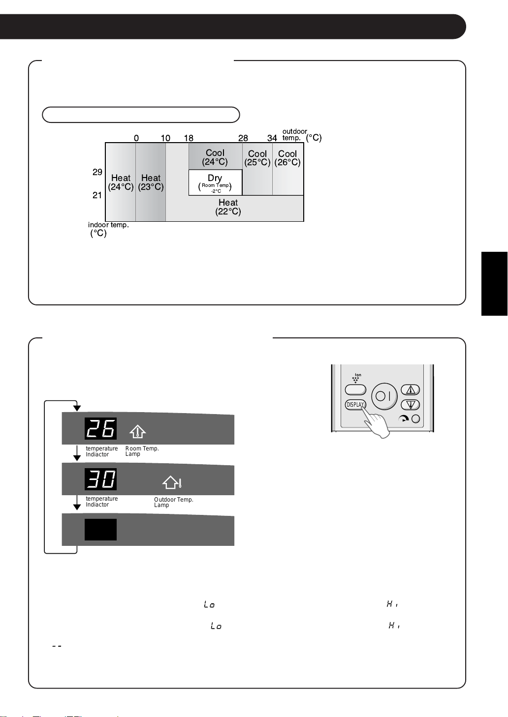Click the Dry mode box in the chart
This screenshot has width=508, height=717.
215,182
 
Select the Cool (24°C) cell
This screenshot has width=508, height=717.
215,156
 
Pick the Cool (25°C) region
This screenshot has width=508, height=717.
257,169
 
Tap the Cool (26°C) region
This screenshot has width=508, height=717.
287,169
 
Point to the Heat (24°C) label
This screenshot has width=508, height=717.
121,182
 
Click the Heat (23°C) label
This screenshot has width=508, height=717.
151,182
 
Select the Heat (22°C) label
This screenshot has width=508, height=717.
228,207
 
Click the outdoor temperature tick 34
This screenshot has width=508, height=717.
272,138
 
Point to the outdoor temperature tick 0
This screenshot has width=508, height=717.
136,138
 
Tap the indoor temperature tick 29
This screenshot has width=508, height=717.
97,172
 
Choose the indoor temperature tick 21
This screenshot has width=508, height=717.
97,195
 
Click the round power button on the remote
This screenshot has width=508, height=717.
384,396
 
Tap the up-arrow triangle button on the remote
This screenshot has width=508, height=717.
411,389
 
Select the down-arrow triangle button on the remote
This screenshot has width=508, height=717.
411,405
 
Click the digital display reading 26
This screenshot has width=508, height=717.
100,428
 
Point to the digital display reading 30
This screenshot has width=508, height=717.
100,479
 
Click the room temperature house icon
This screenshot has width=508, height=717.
138,431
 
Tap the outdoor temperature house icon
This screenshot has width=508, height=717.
172,482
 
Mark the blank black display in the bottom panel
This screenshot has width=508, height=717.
100,530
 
